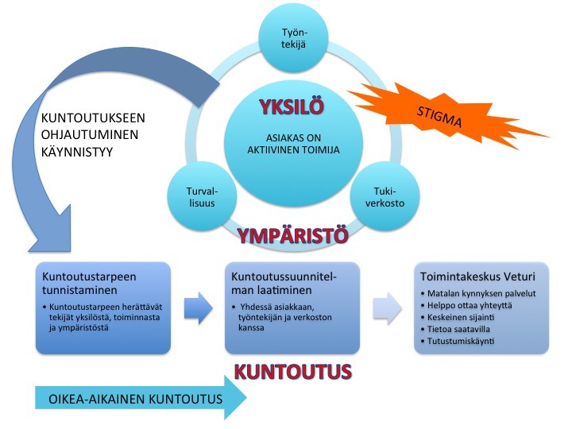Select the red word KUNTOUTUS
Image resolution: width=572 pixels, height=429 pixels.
[293, 371]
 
